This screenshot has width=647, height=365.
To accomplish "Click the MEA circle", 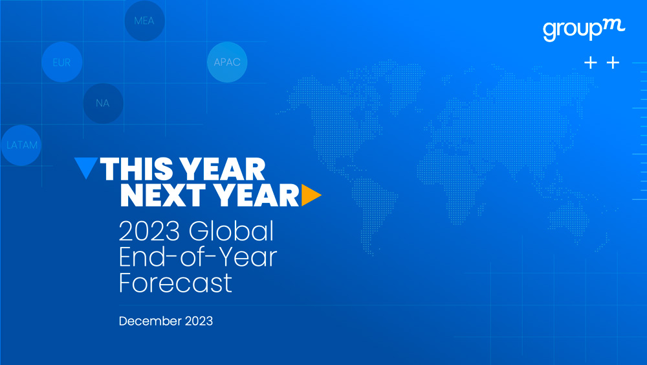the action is point(144,21).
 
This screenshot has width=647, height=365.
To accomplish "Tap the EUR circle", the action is point(62,62).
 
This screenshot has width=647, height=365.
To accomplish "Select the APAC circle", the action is point(227,62).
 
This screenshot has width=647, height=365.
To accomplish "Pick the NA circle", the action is point(103,103).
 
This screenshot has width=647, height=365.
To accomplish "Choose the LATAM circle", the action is point(21,145).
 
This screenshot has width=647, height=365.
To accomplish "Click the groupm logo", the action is point(584,30).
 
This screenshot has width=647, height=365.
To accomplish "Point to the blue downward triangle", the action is point(86,167).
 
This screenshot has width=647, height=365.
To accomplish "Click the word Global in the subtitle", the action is point(231,231).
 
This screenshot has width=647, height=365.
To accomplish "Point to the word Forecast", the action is point(175,283).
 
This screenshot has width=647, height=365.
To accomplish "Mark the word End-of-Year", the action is point(197,257).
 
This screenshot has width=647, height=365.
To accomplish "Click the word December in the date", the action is point(150,321).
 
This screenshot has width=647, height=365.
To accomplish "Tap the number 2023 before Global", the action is point(149,231).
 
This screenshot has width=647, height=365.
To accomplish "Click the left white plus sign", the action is point(591,62).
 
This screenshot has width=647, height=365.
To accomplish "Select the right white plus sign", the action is point(613,62).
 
